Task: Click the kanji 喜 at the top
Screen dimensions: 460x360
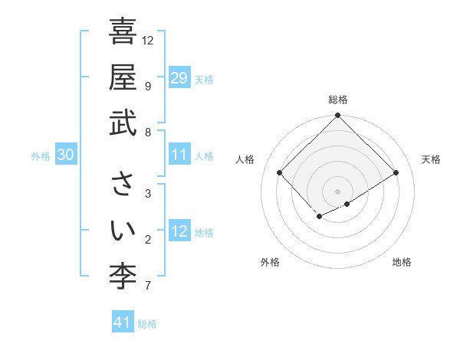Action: pos(123,33)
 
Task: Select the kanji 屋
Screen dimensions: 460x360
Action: pos(123,77)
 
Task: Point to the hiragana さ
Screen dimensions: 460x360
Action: pos(123,185)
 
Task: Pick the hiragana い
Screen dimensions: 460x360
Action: pos(123,229)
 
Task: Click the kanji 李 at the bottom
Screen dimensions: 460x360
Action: pos(123,273)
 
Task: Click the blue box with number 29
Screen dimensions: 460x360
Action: pos(179,78)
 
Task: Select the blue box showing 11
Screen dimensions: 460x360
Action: pos(179,155)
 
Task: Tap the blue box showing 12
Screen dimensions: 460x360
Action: pos(179,231)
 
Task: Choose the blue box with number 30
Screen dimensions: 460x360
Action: pos(65,155)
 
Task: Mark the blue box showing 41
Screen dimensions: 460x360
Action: pos(123,322)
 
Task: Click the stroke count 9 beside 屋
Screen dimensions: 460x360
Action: pos(147,86)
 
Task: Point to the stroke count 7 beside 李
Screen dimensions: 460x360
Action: pos(147,286)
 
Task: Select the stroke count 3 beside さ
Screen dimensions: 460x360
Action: pos(147,193)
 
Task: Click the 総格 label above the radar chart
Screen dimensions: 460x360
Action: pos(338,100)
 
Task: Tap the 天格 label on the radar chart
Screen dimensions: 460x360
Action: pos(431,159)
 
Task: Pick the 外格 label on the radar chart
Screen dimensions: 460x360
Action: pos(269,262)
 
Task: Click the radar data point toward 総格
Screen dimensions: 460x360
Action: pos(337,116)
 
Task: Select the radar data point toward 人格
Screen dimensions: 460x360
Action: pos(280,173)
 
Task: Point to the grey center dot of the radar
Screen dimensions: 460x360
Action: pos(337,191)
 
